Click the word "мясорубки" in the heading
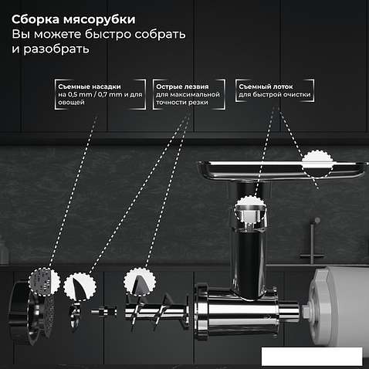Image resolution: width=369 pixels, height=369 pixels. pos(100,20)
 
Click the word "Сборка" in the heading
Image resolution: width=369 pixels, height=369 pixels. pos(36,19)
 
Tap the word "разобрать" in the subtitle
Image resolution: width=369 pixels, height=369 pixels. pos(56,49)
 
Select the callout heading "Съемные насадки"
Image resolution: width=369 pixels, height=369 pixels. pos(90,86)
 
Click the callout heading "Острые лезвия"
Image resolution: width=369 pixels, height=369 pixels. pos(182,86)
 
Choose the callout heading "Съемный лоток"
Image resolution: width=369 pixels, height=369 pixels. pos(266,86)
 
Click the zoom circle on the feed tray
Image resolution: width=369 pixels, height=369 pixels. pos(317,163)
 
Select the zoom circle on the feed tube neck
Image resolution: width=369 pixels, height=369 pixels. pos(249,208)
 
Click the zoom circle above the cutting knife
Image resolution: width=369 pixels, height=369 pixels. pos(80,286)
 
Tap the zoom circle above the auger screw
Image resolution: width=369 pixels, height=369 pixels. pos(140,281)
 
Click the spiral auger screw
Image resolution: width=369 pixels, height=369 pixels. pos(157,312)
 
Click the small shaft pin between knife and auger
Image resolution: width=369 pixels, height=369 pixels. pos(103,311)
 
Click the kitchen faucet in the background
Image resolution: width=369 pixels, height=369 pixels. pos(312,242)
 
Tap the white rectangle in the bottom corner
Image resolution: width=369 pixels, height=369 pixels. pos(312,356)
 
